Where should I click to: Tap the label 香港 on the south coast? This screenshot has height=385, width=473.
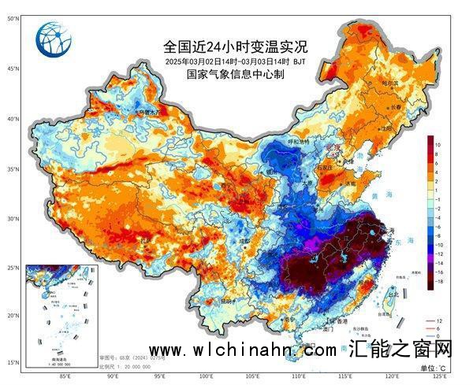(x=341, y=322)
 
